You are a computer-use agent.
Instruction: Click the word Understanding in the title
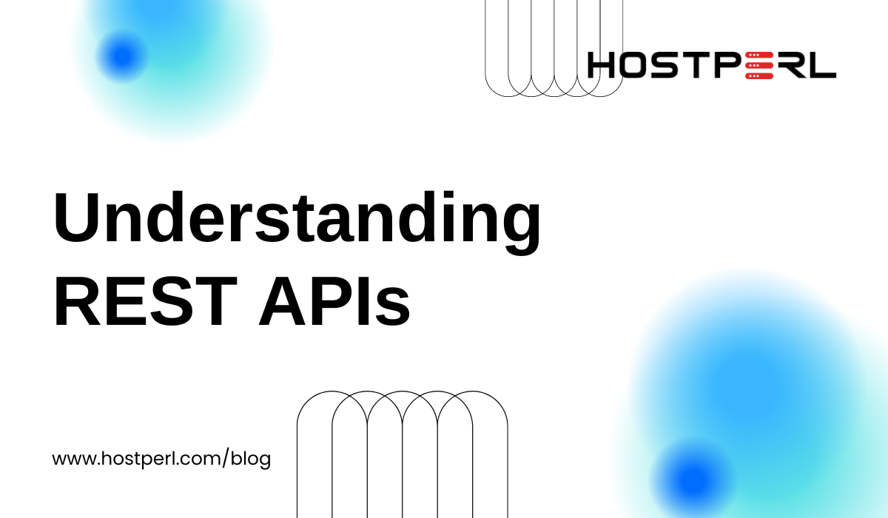[297, 223]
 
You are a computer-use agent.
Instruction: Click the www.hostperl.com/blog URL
[161, 459]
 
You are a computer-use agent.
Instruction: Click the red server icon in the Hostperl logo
[759, 65]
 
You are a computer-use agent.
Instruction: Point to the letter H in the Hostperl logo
[602, 65]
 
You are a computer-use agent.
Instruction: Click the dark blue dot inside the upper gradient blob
[123, 56]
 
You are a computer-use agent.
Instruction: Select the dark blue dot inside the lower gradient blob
[693, 480]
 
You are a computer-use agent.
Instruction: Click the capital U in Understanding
[76, 217]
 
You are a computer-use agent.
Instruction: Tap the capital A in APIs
[282, 301]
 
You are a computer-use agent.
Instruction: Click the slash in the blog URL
[226, 458]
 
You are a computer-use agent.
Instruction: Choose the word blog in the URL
[251, 459]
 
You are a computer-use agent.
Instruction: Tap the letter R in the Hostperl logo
[790, 65]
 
